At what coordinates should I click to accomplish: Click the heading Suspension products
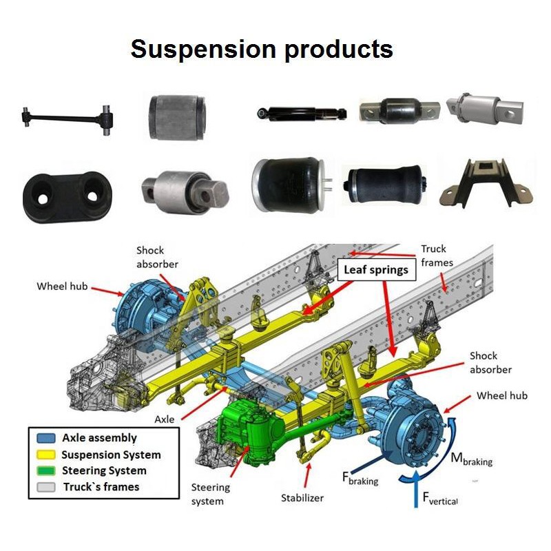coord(262,49)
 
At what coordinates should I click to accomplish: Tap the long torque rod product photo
coord(66,118)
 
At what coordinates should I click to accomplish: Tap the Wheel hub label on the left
coord(62,285)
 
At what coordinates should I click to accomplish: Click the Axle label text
coord(165,418)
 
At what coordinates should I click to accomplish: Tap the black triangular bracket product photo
coord(486,182)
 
